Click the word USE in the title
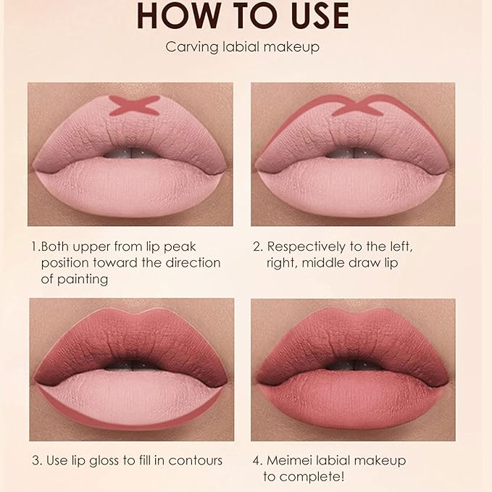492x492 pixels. tap(312, 17)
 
